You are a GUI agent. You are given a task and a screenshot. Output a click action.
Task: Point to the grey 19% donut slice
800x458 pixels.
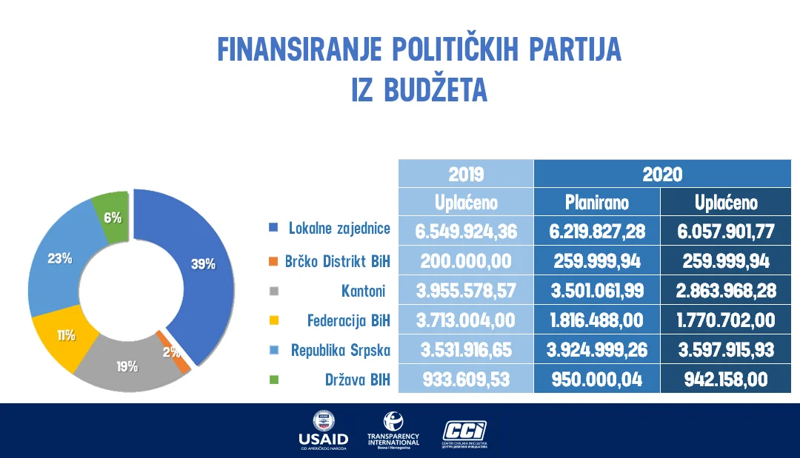126,366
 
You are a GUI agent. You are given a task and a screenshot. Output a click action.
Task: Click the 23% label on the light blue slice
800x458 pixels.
59,259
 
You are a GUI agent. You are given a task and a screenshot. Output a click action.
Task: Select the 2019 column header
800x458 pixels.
466,174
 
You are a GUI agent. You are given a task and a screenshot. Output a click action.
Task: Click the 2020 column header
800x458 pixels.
662,174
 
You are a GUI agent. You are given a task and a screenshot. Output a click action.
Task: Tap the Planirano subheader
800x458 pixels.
596,202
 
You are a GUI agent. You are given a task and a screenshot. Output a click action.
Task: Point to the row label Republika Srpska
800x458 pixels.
341,350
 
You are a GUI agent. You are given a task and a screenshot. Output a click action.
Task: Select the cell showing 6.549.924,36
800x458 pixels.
466,231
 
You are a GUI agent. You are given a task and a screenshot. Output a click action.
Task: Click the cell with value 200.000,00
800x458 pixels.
466,261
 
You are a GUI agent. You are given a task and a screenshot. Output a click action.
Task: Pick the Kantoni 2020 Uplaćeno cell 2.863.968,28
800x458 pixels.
726,291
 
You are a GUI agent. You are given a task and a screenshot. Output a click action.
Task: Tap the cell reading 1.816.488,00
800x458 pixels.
596,321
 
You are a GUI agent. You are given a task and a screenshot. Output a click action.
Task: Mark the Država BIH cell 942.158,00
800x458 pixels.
726,380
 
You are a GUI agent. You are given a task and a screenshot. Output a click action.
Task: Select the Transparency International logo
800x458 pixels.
393,430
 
